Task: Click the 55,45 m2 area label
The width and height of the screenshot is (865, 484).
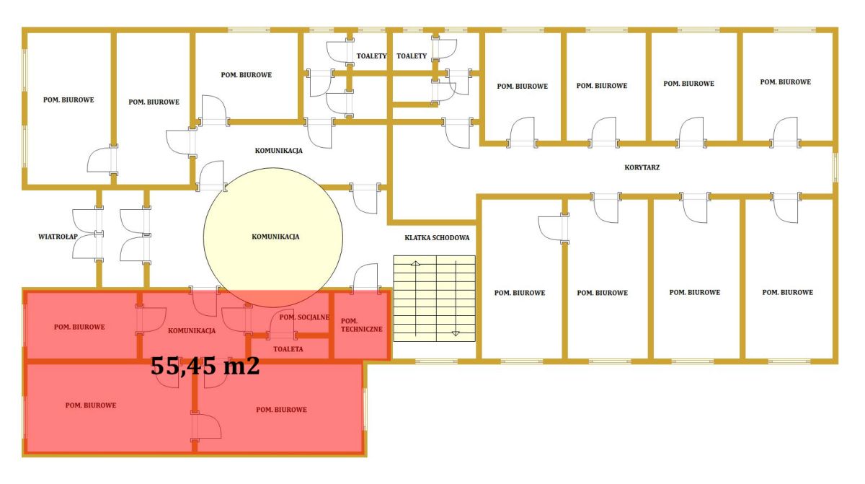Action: pyautogui.click(x=205, y=366)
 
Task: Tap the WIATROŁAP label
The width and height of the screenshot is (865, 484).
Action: pyautogui.click(x=58, y=237)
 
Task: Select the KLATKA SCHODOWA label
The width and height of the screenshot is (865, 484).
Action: pyautogui.click(x=437, y=237)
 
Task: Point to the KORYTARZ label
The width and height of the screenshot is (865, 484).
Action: pyautogui.click(x=642, y=167)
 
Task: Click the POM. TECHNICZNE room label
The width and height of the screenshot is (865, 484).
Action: pyautogui.click(x=361, y=325)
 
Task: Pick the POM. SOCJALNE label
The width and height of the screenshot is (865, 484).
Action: pyautogui.click(x=304, y=317)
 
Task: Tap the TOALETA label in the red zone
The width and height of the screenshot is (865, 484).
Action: pyautogui.click(x=288, y=349)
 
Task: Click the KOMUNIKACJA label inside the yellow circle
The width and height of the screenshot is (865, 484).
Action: pyautogui.click(x=275, y=237)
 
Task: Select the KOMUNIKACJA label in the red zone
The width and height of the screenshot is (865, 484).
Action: pyautogui.click(x=192, y=330)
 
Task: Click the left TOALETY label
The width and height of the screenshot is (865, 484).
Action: pyautogui.click(x=371, y=56)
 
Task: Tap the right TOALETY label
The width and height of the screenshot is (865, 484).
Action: pyautogui.click(x=412, y=56)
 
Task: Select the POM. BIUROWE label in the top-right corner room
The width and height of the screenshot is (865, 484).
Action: pyautogui.click(x=786, y=82)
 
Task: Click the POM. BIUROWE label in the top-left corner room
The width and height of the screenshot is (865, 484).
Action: pyautogui.click(x=68, y=100)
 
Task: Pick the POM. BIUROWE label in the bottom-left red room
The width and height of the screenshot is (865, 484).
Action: pyautogui.click(x=91, y=405)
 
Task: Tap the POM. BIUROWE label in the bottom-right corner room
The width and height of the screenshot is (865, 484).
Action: pyautogui.click(x=787, y=292)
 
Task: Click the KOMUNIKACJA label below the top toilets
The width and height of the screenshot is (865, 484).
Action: pyautogui.click(x=278, y=151)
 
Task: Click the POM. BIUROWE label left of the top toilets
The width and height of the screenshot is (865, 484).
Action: pyautogui.click(x=247, y=75)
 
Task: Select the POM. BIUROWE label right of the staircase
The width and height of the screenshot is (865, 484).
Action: pyautogui.click(x=520, y=293)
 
